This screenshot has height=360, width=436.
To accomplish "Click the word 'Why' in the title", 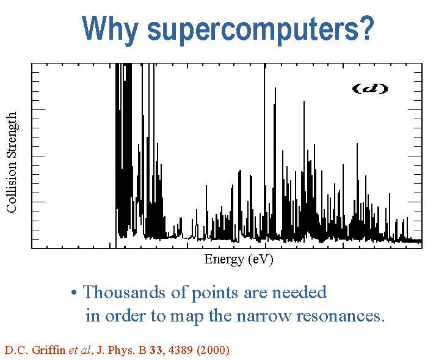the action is [110, 29].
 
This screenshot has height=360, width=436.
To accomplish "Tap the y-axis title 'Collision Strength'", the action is [12, 163].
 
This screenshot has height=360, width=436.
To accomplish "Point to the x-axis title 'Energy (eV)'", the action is [239, 260].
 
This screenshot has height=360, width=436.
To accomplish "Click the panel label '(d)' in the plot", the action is [370, 89].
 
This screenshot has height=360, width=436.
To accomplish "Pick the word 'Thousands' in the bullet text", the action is [124, 292].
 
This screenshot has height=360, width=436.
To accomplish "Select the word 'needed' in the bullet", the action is [299, 292].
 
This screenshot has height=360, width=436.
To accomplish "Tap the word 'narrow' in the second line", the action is [264, 316].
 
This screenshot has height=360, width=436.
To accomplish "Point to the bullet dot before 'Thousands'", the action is [74, 293].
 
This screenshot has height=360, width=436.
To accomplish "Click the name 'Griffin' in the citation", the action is [49, 350].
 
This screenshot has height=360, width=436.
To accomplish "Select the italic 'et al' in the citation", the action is [80, 350].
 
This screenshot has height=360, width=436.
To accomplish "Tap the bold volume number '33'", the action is [156, 350].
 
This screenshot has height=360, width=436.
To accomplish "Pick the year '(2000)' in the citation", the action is [213, 350].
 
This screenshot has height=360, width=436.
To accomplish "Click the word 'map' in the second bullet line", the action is [187, 317].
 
